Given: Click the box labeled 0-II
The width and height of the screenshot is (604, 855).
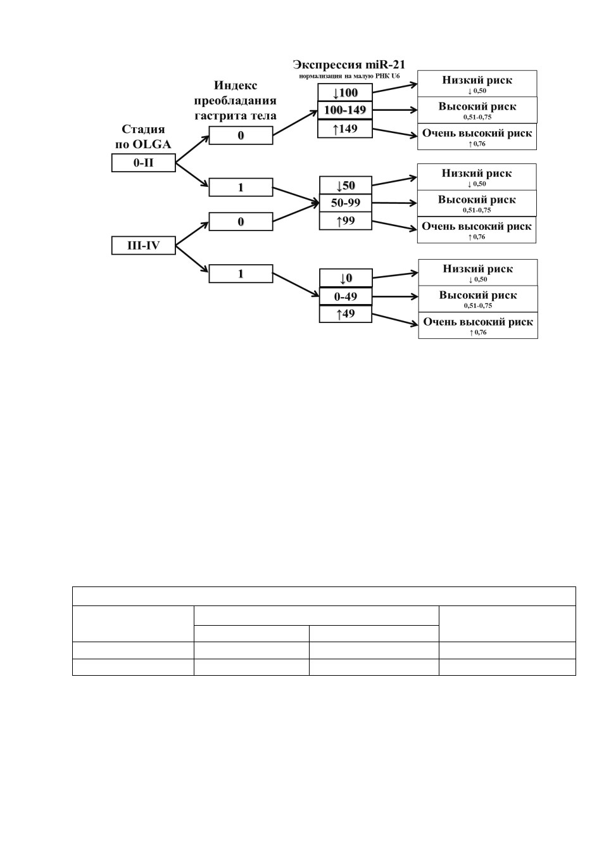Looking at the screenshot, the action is pyautogui.click(x=144, y=163).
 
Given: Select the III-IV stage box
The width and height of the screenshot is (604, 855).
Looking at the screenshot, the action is pyautogui.click(x=144, y=246).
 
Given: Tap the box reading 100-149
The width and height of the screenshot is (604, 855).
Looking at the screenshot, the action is pyautogui.click(x=345, y=110).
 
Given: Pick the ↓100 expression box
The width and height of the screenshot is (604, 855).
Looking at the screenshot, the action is pyautogui.click(x=345, y=92).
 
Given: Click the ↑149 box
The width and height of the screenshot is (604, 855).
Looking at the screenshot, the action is pyautogui.click(x=345, y=129).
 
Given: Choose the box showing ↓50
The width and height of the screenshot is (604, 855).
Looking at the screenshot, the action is pyautogui.click(x=345, y=185).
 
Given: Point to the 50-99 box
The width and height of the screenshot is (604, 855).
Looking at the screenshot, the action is pyautogui.click(x=345, y=203).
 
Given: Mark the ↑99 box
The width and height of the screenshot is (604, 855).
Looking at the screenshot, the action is pyautogui.click(x=345, y=221).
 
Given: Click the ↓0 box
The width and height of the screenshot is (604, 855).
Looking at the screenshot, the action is pyautogui.click(x=345, y=278).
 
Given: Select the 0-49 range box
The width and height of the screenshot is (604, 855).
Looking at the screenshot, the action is pyautogui.click(x=345, y=296).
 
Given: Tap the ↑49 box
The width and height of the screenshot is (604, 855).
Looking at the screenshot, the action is pyautogui.click(x=345, y=313).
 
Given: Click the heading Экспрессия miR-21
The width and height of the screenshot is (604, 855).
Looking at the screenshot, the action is pyautogui.click(x=349, y=65).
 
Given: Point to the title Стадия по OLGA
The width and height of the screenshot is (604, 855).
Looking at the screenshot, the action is pyautogui.click(x=144, y=137).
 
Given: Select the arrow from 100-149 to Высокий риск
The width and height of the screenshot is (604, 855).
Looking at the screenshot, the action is pyautogui.click(x=395, y=110).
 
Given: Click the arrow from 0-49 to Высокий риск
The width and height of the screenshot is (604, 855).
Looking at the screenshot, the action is pyautogui.click(x=395, y=296).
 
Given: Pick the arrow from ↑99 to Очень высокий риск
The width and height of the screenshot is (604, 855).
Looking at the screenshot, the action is pyautogui.click(x=394, y=225).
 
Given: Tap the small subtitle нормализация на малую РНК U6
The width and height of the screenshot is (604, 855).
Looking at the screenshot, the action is pyautogui.click(x=349, y=76).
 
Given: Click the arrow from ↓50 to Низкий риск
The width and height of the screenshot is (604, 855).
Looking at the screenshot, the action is pyautogui.click(x=394, y=181).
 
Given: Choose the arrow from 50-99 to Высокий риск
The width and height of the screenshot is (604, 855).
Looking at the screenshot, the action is pyautogui.click(x=394, y=203).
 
